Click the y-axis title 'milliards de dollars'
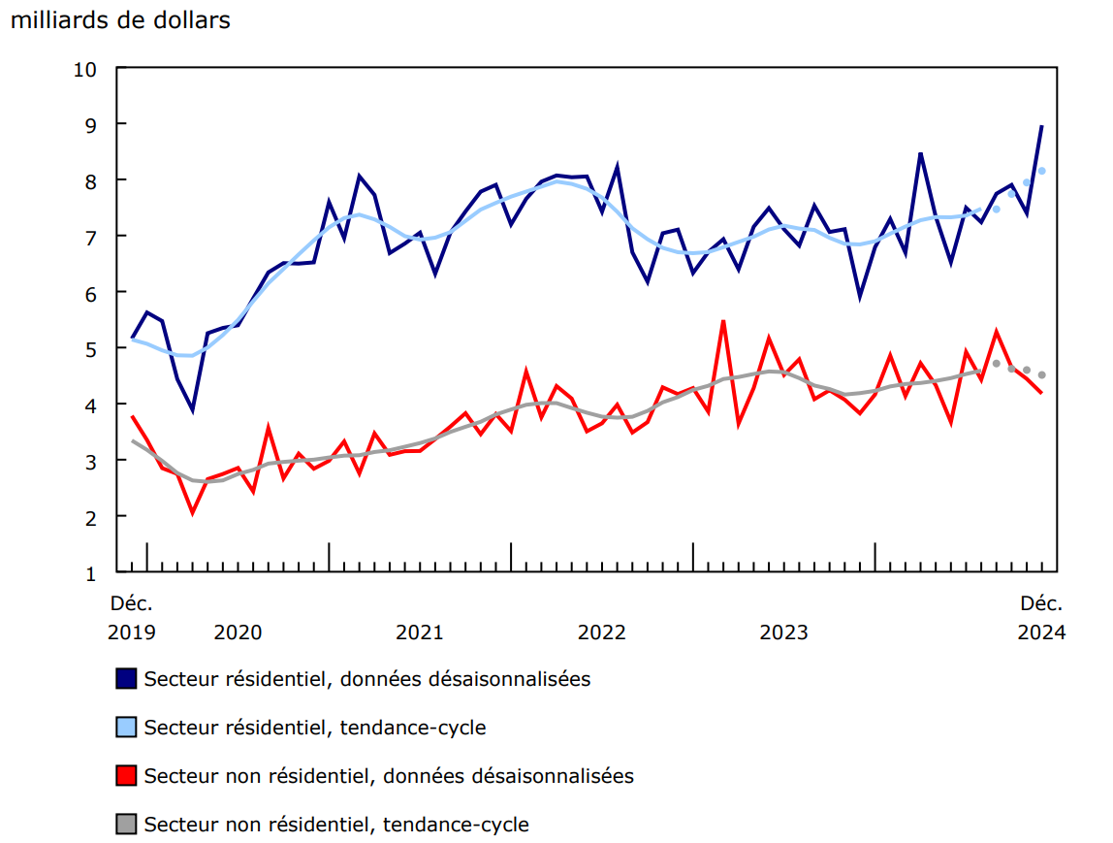point(120,19)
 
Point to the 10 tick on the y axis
point(88,69)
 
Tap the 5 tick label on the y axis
point(92,348)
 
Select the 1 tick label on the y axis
point(92,573)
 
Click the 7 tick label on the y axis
point(92,237)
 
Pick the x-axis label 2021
point(420,632)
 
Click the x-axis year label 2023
point(783,632)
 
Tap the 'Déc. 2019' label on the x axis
point(132,618)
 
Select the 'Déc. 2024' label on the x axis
point(1041,618)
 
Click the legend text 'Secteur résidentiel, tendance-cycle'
point(315,727)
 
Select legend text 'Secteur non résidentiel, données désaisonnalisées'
point(389,775)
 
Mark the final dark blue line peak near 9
point(1041,126)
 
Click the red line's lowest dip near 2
point(192,511)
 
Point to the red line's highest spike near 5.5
point(723,321)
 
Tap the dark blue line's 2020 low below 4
point(192,410)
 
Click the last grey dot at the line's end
point(1042,374)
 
